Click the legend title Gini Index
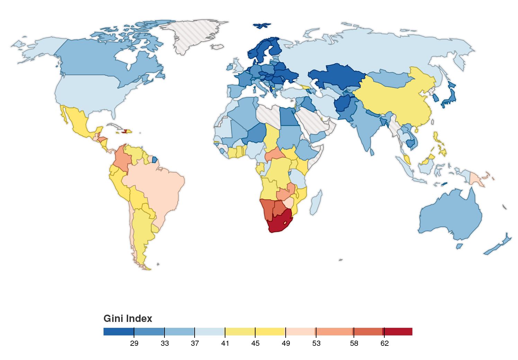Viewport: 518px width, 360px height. (x=128, y=318)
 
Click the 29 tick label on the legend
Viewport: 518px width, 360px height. (x=134, y=343)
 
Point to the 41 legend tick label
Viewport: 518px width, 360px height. (x=225, y=343)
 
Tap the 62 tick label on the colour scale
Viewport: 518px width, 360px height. (x=384, y=343)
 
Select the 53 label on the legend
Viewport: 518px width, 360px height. (x=316, y=343)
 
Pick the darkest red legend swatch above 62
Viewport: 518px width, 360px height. (x=398, y=332)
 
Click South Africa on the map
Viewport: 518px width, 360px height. (x=279, y=223)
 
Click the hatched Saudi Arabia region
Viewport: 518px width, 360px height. (x=313, y=121)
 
